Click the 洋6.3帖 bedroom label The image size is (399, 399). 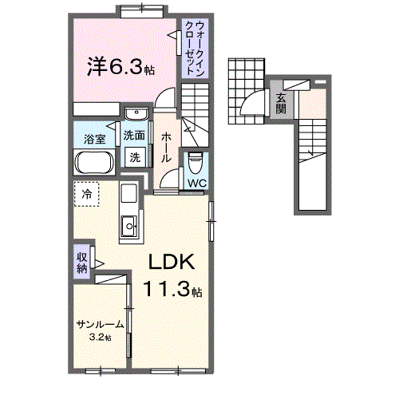pos(121,66)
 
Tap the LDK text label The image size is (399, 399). pos(172,262)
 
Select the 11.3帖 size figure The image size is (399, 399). pos(172,289)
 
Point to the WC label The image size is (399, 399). pos(197,183)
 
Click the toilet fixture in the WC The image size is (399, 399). pos(196,162)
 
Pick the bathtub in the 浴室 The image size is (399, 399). pos(95,163)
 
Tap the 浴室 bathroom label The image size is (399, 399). pos(95,139)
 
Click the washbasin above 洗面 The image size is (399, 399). pos(136,114)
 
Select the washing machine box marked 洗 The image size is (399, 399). pos(136,157)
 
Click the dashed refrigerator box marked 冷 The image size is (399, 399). pos(87,194)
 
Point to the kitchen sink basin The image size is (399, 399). pos(129,226)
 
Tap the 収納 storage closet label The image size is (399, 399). pos(82,263)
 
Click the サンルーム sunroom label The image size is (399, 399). pos(101,324)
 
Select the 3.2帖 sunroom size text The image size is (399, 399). pos(100,338)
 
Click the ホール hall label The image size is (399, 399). pos(166,148)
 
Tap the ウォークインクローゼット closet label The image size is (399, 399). pos(196,49)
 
